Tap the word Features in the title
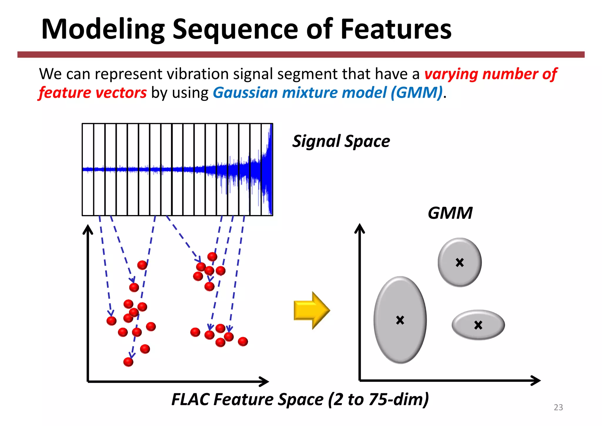[396, 29]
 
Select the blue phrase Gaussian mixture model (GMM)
[327, 93]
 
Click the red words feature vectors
[93, 93]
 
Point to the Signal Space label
[341, 142]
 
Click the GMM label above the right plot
[450, 213]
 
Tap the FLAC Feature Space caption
[300, 400]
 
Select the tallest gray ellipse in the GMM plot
[400, 320]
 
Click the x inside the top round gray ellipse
[460, 262]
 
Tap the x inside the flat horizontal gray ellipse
[478, 325]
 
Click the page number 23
[558, 407]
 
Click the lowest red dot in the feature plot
[128, 362]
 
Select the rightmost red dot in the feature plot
[243, 342]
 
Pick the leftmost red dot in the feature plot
[111, 321]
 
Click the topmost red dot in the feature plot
[212, 257]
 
